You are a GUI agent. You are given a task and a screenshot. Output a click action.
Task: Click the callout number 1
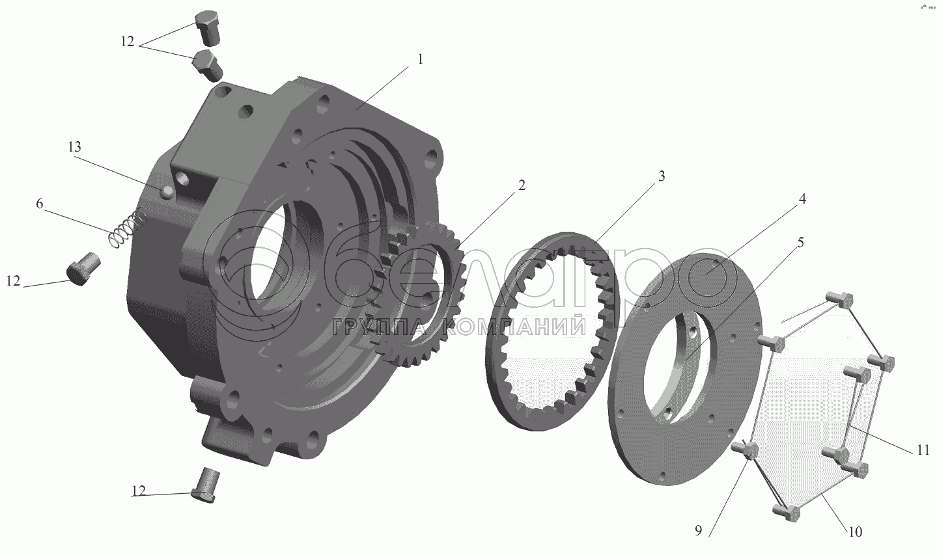420,59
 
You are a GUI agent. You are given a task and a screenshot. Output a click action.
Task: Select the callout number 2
521,185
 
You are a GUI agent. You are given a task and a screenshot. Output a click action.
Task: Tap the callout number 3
661,176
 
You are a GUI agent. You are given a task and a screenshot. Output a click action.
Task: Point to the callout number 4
802,199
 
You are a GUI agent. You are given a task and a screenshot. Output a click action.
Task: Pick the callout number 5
800,243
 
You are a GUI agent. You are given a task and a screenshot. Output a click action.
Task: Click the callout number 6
39,204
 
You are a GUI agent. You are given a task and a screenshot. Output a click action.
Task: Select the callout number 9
698,531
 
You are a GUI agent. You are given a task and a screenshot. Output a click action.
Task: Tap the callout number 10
856,532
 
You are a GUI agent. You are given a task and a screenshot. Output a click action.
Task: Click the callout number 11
923,450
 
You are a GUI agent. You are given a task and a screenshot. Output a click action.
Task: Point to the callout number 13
74,146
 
